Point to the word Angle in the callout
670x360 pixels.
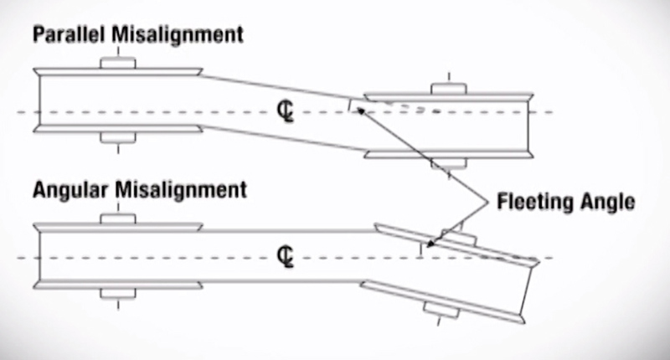tap(611, 202)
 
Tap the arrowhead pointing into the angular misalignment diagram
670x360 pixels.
tap(430, 244)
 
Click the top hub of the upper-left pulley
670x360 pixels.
tap(117, 64)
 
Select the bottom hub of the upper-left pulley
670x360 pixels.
tap(117, 136)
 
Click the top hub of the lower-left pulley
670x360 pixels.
tap(117, 219)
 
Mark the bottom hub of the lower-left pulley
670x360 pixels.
tap(117, 293)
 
